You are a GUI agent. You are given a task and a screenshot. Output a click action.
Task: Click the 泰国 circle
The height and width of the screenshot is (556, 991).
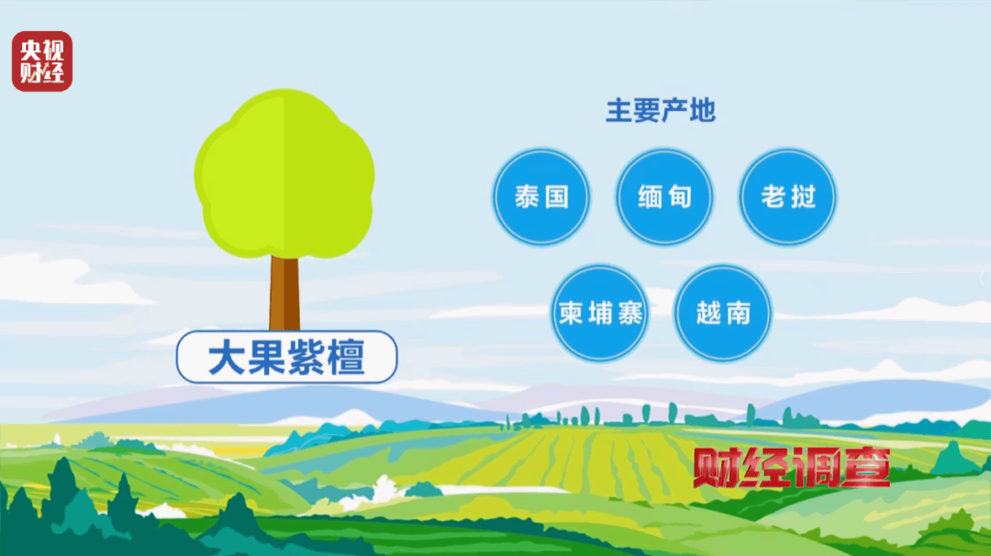click(x=541, y=196)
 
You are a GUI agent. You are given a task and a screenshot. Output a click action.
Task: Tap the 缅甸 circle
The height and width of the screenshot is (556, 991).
click(x=664, y=196)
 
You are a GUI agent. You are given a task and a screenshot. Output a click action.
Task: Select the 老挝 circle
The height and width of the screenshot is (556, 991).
click(x=787, y=196)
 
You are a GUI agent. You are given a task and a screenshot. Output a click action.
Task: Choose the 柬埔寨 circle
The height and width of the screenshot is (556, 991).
click(x=601, y=314)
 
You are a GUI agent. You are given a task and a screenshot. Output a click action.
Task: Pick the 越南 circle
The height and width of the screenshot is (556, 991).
click(x=724, y=314)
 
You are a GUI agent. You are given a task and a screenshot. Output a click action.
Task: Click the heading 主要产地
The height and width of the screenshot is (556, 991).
click(x=660, y=112)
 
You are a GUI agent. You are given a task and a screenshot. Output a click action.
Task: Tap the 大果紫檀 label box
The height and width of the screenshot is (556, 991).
click(x=286, y=357)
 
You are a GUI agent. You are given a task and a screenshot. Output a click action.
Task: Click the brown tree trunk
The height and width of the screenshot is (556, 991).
click(x=284, y=292)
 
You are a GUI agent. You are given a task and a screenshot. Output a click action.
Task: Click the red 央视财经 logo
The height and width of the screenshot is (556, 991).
click(x=42, y=61)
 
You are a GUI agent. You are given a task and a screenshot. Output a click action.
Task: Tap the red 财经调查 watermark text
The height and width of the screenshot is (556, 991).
click(x=791, y=467)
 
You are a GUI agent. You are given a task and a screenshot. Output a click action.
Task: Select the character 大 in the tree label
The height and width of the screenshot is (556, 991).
click(x=225, y=358)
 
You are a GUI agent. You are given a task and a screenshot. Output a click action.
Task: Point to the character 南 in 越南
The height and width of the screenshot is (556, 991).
click(x=737, y=314)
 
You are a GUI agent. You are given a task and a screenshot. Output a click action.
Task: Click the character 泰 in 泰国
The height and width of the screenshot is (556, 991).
click(x=528, y=196)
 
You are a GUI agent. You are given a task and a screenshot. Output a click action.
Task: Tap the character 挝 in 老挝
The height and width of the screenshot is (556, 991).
click(x=802, y=196)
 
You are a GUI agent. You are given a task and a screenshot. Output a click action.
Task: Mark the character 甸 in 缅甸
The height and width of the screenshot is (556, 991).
click(x=678, y=196)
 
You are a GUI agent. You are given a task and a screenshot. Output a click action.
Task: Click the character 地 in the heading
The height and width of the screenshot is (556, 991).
click(x=702, y=112)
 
